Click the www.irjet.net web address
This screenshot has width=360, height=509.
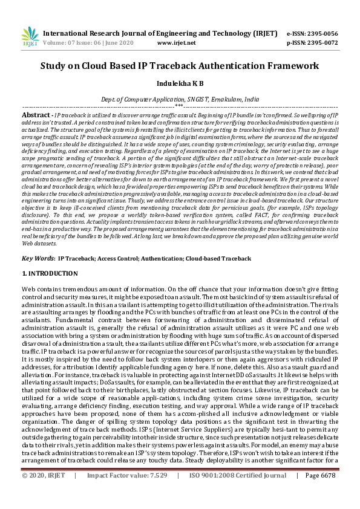pos(176,43)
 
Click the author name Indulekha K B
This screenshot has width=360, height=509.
pos(180,83)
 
